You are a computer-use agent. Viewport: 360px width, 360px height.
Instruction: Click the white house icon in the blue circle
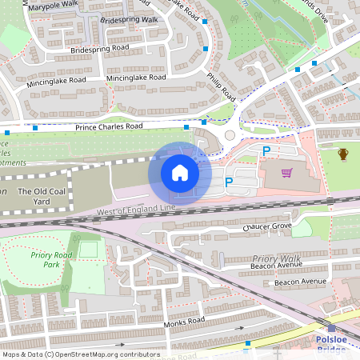pyautogui.click(x=180, y=173)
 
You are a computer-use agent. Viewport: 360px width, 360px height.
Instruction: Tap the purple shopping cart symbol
pyautogui.click(x=286, y=172)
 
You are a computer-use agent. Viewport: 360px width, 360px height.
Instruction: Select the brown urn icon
pyautogui.click(x=343, y=154)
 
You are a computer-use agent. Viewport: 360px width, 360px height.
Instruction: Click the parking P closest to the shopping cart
pyautogui.click(x=267, y=150)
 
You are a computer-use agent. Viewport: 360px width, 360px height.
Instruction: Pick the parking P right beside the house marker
pyautogui.click(x=228, y=182)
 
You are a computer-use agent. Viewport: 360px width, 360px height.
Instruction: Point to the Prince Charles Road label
pyautogui.click(x=109, y=126)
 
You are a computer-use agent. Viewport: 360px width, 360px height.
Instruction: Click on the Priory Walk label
pyautogui.click(x=276, y=258)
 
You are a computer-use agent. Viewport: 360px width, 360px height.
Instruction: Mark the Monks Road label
pyautogui.click(x=185, y=322)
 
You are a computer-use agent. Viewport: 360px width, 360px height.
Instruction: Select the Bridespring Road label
pyautogui.click(x=99, y=48)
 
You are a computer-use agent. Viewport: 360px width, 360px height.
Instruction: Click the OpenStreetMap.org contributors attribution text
pyautogui.click(x=109, y=354)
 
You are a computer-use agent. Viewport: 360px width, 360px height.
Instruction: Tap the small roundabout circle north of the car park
pyautogui.click(x=232, y=135)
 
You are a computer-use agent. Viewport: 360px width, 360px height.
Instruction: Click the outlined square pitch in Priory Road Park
pyautogui.click(x=88, y=250)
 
